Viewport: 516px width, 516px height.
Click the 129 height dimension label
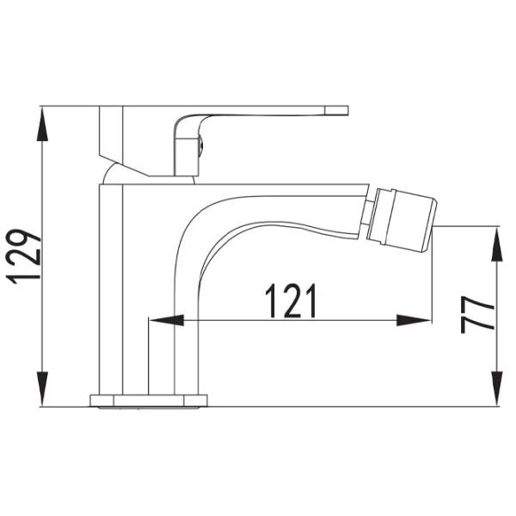coord(24,256)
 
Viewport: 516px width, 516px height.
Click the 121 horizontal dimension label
coord(291,301)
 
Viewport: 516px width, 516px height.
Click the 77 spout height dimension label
coord(477,314)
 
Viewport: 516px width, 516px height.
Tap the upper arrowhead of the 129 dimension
coord(42,124)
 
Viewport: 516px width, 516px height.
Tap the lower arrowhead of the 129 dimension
coord(42,389)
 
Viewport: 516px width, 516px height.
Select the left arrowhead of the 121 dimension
coord(166,320)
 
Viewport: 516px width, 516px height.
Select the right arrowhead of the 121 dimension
coord(414,320)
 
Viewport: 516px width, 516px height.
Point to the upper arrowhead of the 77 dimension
coord(496,244)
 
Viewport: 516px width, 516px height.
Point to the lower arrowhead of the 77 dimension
coord(496,389)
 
